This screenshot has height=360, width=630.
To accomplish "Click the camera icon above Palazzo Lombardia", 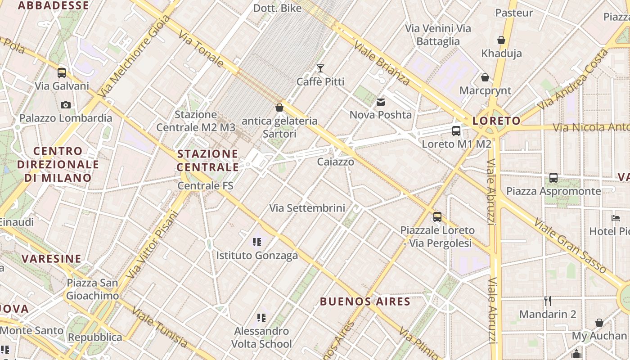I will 66,105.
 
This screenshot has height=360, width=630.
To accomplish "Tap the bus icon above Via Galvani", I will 62,72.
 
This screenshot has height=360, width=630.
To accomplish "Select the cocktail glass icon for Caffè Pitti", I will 320,68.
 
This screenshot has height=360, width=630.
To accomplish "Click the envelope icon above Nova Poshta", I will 381,102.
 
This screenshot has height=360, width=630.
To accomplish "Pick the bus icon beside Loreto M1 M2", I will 456,131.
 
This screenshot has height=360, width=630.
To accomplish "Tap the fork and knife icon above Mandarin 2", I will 548,301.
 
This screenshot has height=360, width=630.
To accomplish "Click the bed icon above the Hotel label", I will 616,218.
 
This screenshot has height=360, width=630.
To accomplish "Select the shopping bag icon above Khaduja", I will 501,40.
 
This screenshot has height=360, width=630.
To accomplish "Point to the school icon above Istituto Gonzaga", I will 257,243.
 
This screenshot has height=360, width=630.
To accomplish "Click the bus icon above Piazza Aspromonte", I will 553,178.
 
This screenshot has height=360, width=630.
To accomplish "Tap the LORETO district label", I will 496,121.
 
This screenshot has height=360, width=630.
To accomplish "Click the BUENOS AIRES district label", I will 365,301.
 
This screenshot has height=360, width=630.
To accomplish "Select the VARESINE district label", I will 52,259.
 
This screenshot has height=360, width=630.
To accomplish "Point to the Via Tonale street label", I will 201,49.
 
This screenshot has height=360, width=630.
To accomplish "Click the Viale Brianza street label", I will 382,63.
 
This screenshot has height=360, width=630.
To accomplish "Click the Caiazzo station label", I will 336,162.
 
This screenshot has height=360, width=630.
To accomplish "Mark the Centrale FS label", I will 206,185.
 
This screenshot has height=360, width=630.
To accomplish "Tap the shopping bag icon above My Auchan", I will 599,323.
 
